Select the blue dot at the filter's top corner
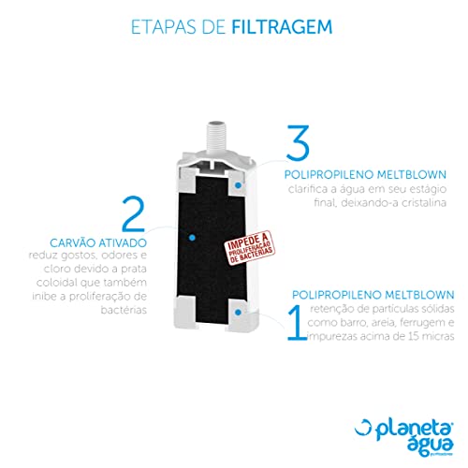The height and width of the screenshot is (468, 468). pyautogui.click(x=240, y=185)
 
